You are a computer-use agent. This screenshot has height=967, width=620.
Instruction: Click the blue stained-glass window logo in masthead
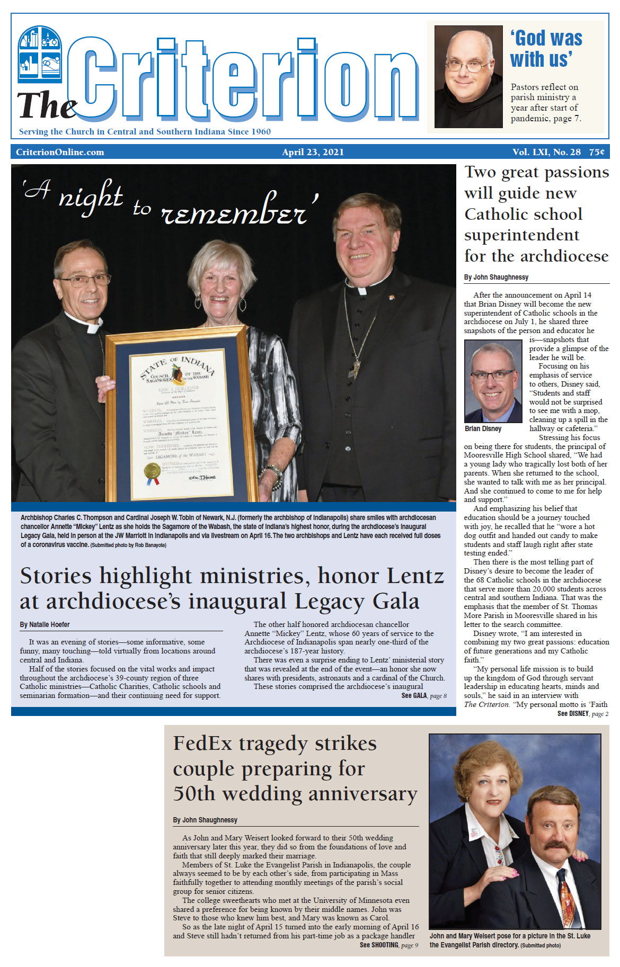pyautogui.click(x=40, y=54)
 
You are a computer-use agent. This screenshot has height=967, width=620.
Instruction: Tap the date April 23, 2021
pyautogui.click(x=313, y=152)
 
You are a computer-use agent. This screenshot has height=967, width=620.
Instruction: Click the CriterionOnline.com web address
pyautogui.click(x=60, y=152)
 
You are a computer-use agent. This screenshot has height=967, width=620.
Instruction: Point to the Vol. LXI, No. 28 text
pyautogui.click(x=546, y=152)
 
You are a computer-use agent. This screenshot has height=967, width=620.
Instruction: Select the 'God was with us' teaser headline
pyautogui.click(x=546, y=48)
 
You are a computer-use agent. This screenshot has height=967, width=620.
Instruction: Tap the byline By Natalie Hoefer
pyautogui.click(x=45, y=624)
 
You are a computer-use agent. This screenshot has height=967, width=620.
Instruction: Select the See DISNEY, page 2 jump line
pyautogui.click(x=582, y=714)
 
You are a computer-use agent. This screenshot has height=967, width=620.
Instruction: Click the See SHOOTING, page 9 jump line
pyautogui.click(x=388, y=945)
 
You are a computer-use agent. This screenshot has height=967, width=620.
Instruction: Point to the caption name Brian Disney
pyautogui.click(x=483, y=428)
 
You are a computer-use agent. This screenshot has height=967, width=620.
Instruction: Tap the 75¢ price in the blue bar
pyautogui.click(x=597, y=152)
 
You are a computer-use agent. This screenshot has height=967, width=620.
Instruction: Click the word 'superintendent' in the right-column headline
pyautogui.click(x=521, y=235)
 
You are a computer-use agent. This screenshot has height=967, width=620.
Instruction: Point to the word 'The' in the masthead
pyautogui.click(x=47, y=105)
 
